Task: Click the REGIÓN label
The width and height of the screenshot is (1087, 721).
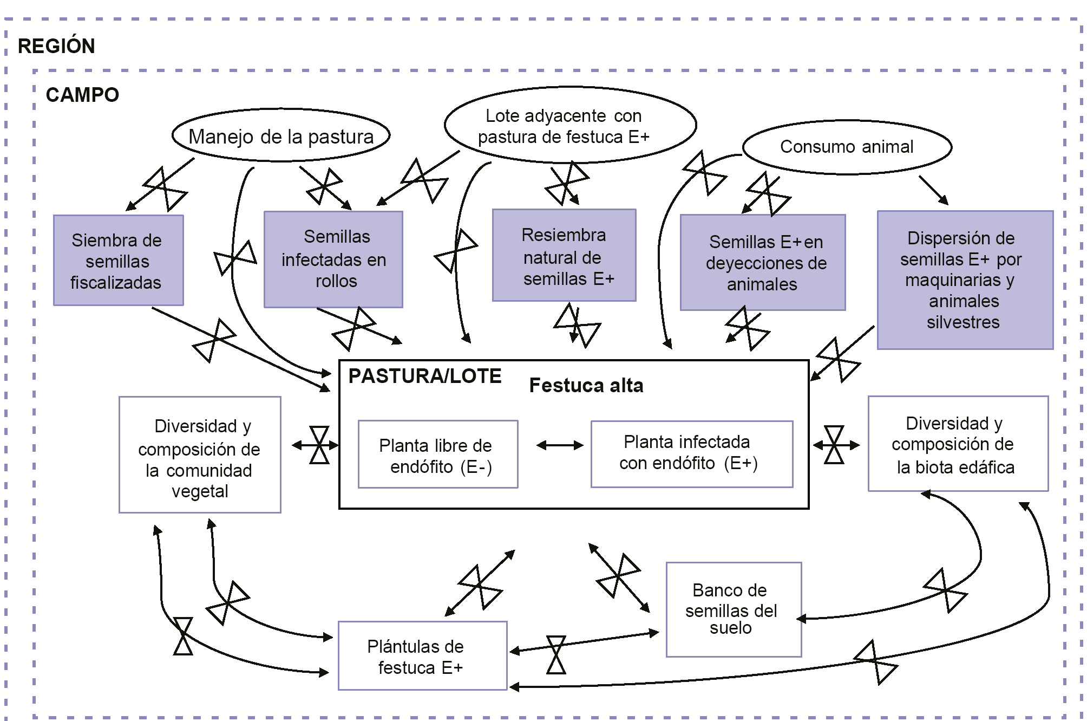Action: [x=56, y=47]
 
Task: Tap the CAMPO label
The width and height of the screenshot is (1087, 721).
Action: [x=82, y=95]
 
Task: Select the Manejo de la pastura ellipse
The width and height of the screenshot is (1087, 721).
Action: [x=281, y=136]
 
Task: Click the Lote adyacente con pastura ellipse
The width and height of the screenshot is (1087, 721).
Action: [x=570, y=126]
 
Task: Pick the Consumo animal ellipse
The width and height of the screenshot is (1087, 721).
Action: [x=847, y=147]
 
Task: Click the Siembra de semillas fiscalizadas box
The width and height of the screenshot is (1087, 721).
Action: [x=118, y=261]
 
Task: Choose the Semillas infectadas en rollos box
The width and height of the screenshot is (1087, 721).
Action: [x=333, y=259]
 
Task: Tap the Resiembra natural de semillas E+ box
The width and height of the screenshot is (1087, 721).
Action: [x=564, y=256]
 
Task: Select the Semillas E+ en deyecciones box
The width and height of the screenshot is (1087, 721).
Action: [x=762, y=263]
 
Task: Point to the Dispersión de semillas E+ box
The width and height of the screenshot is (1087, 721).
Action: [x=965, y=280]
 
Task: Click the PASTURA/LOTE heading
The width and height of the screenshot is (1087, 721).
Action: [x=425, y=376]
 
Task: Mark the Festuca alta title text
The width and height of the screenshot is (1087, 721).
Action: [x=586, y=386]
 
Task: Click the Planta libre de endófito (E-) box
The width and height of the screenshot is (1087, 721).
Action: [x=437, y=455]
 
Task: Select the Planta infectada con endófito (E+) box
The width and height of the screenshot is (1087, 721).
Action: [x=691, y=454]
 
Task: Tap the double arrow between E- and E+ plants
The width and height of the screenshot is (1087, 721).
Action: [x=560, y=446]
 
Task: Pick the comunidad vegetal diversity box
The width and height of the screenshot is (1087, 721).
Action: [x=200, y=455]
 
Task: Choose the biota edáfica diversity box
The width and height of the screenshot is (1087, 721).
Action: [x=958, y=444]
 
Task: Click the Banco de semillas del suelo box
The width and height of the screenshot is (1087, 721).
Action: [x=733, y=609]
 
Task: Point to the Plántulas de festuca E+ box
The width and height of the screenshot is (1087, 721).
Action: [x=422, y=656]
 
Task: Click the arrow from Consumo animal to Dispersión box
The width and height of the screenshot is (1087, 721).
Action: [x=933, y=190]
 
